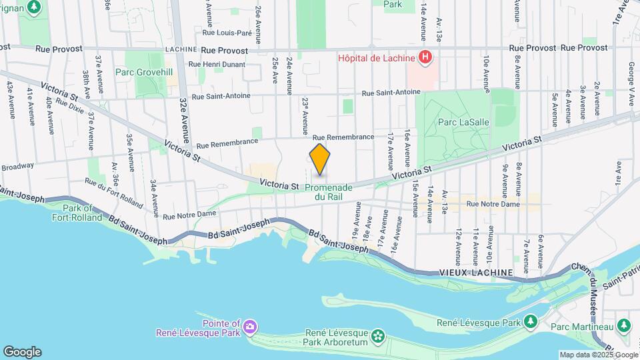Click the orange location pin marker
(320, 161)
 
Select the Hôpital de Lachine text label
(376, 58)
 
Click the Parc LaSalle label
(457, 122)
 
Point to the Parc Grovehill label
(143, 72)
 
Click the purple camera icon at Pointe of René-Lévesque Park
(250, 326)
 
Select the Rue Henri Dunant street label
(217, 64)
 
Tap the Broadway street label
(17, 167)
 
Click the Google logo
(22, 351)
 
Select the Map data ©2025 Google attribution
(598, 355)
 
